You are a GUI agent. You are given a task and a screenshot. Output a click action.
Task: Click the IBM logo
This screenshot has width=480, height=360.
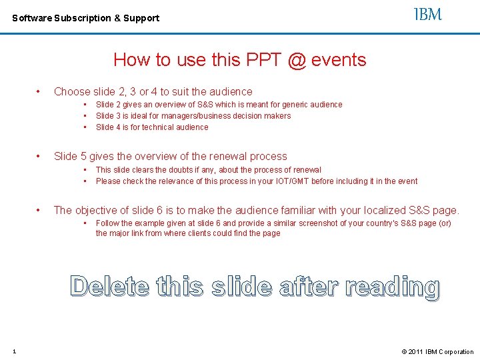(428, 15)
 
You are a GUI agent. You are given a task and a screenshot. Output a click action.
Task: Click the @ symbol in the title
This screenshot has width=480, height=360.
(297, 60)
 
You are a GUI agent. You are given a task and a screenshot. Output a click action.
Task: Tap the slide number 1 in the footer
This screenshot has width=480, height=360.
(14, 351)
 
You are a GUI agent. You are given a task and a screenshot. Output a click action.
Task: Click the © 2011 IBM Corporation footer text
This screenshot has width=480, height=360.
(437, 351)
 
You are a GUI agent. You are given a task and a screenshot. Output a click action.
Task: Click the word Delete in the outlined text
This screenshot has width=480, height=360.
(111, 286)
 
